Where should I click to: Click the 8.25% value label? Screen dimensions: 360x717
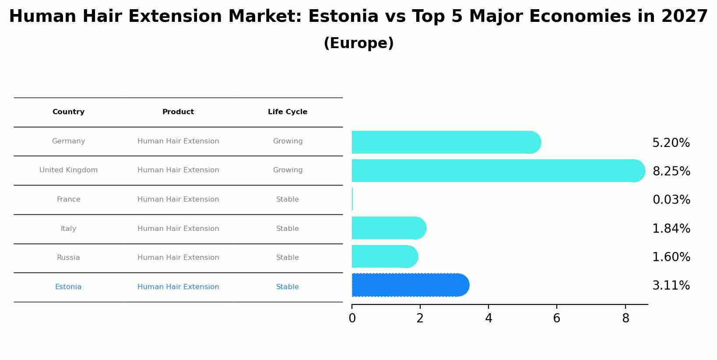tap(671, 171)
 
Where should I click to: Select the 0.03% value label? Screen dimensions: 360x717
tap(671, 200)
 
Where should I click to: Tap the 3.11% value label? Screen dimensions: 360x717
tap(671, 286)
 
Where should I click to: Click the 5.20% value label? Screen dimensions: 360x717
tap(671, 143)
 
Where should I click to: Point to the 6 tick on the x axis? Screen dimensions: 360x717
tap(556, 318)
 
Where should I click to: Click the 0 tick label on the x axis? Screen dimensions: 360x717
tap(352, 318)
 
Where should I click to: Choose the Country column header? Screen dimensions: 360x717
tap(68, 112)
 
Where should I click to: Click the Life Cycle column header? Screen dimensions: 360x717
tap(287, 112)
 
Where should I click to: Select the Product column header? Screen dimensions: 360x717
tap(178, 112)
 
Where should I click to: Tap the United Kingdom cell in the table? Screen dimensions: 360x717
tap(68, 170)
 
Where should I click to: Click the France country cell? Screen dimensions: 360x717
tap(68, 199)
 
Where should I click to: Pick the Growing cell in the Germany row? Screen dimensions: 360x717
tap(287, 141)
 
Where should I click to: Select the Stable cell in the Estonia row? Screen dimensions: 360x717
tap(287, 287)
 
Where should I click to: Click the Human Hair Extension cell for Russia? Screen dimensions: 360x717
tap(178, 258)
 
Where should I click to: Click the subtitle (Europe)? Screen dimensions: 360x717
tap(358, 43)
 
